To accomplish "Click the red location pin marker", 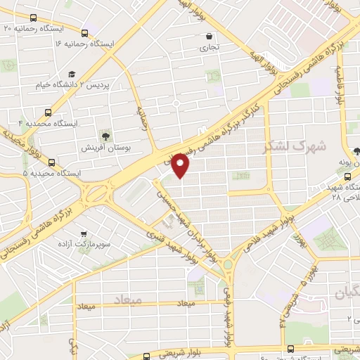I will (x=181, y=165).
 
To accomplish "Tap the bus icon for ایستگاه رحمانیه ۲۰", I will (x=85, y=32).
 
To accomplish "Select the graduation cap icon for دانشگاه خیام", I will (x=71, y=74).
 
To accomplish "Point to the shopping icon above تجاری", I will (x=209, y=37).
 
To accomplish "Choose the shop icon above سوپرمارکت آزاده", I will (x=84, y=234).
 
